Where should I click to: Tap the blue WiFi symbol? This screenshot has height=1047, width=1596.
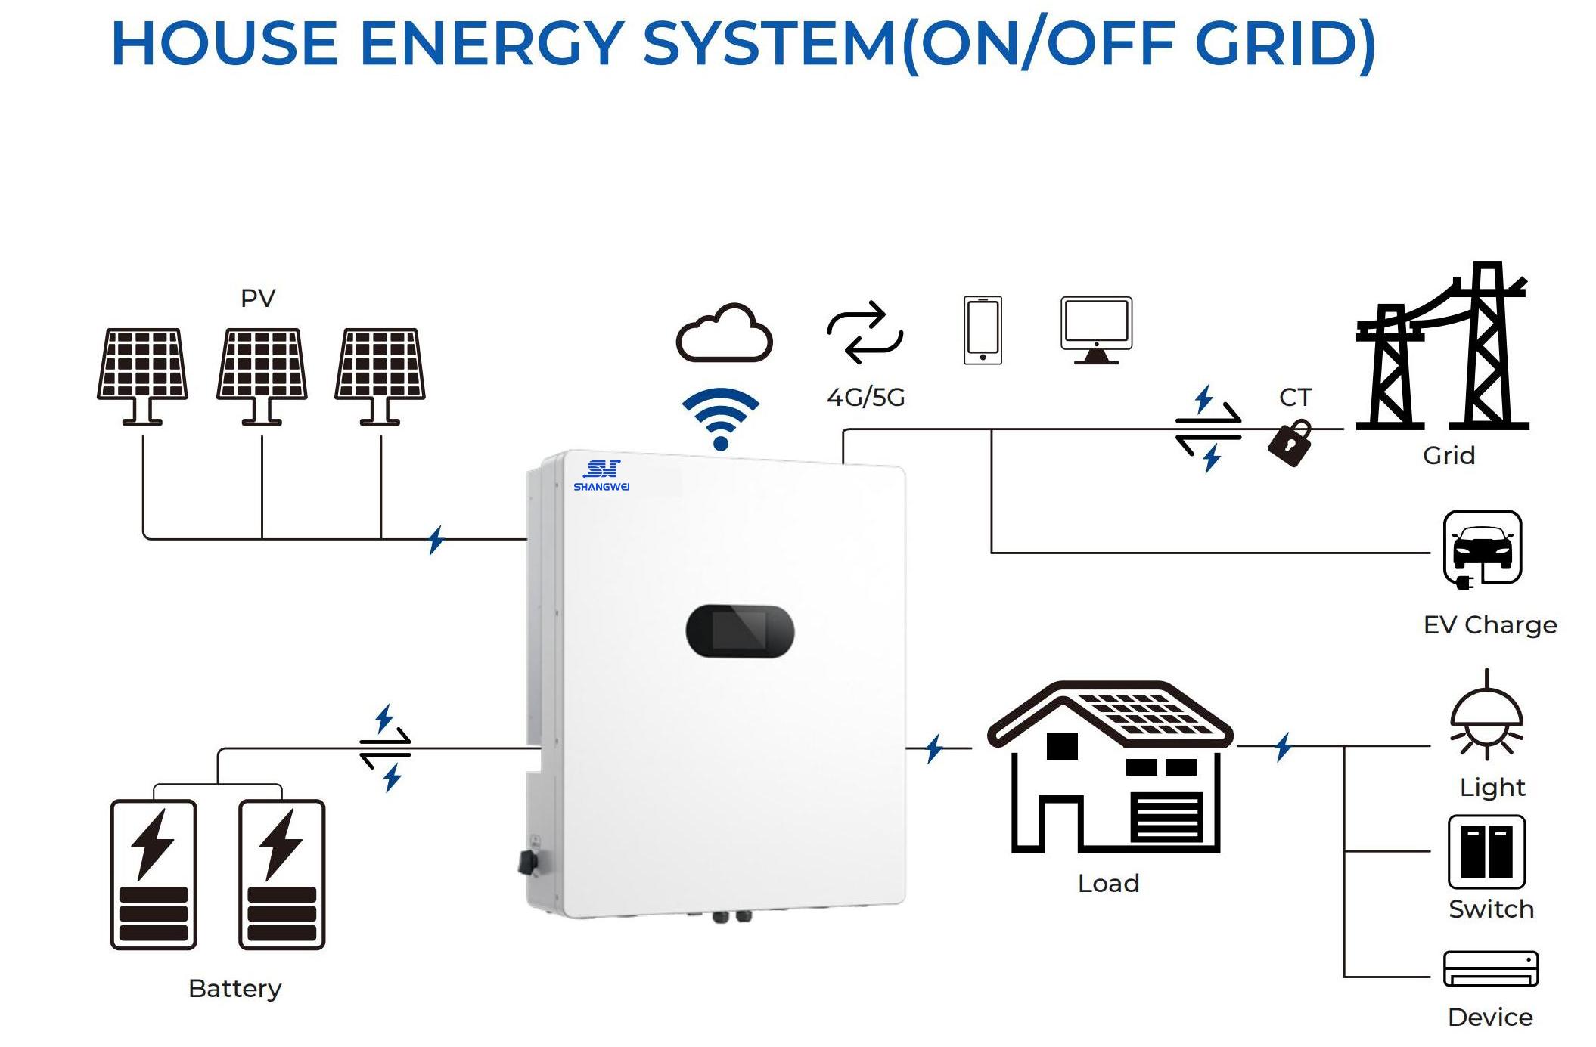pos(720,419)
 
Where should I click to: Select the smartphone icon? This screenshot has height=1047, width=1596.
pos(983,330)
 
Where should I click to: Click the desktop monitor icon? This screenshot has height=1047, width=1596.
pos(1096,330)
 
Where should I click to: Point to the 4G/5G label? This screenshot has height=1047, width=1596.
pos(865,397)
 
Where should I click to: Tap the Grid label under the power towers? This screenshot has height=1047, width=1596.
pos(1449,455)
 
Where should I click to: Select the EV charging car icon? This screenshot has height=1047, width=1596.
pos(1482,548)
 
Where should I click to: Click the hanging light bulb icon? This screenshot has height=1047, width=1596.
pos(1486,718)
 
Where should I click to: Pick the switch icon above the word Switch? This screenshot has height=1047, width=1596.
pos(1486,851)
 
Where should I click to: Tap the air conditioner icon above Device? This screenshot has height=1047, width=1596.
pos(1491,968)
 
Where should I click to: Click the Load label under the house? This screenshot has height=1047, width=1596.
pos(1108,883)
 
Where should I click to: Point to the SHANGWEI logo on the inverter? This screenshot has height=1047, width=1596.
pos(601,475)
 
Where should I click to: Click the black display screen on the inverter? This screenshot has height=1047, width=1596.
pos(739,630)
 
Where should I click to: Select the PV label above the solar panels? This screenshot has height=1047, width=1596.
pos(258,298)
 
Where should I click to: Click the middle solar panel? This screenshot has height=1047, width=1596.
pos(262,364)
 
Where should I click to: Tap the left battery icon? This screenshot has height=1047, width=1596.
pos(154,874)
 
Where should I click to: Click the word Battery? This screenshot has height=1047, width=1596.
pos(234,988)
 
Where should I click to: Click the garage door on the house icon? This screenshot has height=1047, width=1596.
pos(1166,817)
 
